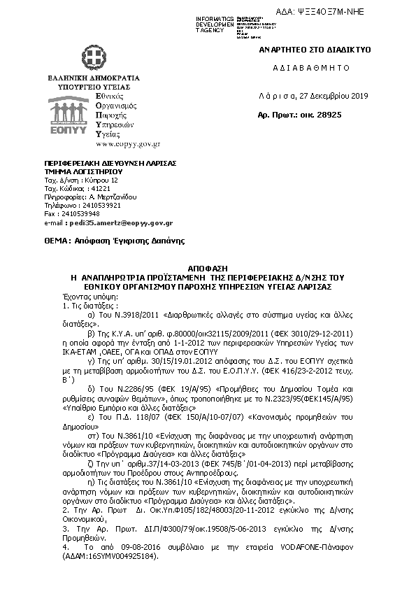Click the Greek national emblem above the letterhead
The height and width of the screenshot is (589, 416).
point(93,57)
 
